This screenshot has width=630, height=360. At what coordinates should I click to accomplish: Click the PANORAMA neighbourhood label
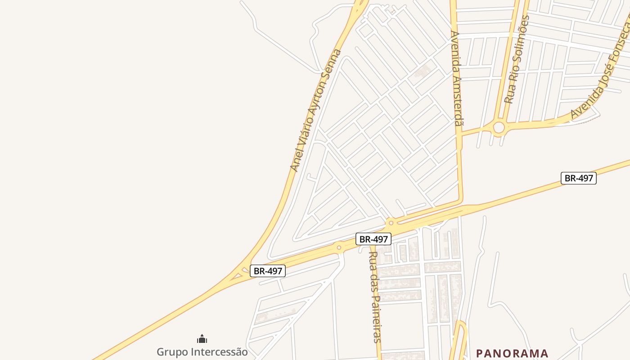[x=512, y=353]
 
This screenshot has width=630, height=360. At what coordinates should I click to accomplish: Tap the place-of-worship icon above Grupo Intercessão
[x=202, y=339]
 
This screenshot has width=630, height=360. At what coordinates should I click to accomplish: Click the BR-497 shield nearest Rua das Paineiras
[x=373, y=239]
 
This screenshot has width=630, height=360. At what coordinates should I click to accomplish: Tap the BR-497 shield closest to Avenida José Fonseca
[x=578, y=178]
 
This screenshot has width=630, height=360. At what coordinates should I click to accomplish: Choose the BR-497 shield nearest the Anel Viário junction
[x=268, y=271]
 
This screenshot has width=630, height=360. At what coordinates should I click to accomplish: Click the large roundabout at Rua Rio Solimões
[x=499, y=128]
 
